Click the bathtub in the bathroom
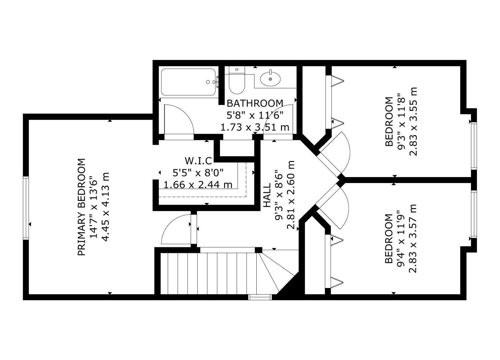[188, 82]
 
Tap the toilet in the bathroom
[237, 82]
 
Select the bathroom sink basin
[270, 79]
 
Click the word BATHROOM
[255, 103]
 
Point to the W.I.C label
[198, 161]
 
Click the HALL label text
[267, 195]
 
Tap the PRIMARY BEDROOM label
[82, 207]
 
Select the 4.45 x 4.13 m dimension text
[105, 207]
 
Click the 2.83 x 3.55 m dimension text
[413, 122]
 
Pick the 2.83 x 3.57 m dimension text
[413, 238]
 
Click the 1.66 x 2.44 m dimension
[198, 184]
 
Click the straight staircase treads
[207, 273]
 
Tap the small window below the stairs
[260, 297]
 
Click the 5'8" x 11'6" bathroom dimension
[255, 115]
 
